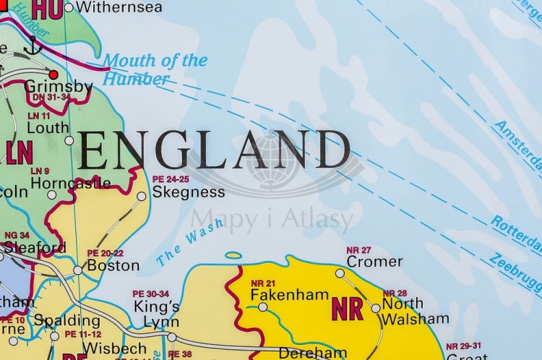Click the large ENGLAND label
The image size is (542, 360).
[x=214, y=151]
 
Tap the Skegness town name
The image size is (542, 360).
[x=189, y=192]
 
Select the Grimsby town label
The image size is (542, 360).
[x=58, y=87]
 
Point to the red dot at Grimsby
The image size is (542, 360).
[x=53, y=74]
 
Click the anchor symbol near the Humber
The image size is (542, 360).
[x=32, y=46]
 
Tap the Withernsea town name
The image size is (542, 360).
[x=120, y=8]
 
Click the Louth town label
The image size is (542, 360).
[x=48, y=127]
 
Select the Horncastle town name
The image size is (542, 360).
[x=70, y=183]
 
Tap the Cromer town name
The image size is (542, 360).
[x=375, y=262]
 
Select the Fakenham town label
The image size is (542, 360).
[x=289, y=295]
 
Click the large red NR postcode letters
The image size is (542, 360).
[x=347, y=309]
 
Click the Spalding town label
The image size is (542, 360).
[x=67, y=320]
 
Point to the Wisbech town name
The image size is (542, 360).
[x=106, y=348]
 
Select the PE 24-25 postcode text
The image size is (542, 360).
[x=171, y=179]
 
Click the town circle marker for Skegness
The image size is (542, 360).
[x=141, y=196]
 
